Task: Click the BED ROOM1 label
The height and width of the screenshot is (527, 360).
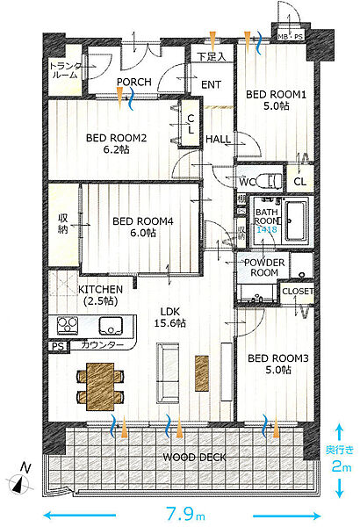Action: coord(276,95)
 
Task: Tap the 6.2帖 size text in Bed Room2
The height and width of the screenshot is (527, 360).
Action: coord(116,149)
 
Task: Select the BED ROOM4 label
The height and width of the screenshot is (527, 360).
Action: coord(143,221)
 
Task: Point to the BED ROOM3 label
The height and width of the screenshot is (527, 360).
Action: coord(278,358)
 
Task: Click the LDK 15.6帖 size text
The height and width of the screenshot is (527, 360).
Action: coord(170,323)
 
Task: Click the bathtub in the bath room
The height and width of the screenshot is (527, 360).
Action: coord(296,220)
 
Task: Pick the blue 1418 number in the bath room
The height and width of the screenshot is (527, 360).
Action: coord(267,229)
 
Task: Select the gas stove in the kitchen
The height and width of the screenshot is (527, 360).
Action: coord(68,325)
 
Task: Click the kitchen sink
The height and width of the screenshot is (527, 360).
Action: coord(111,326)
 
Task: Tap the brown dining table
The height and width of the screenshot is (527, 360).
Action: coord(100,386)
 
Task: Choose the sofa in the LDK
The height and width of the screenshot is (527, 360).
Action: coord(168,373)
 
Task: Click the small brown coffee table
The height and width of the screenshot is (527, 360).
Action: coord(202,373)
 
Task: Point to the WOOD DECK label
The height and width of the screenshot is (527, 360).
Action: coord(194,457)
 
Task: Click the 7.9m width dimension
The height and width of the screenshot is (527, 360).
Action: coord(186,514)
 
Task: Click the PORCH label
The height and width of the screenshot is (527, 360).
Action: coord(134,82)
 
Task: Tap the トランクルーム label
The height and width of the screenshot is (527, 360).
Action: coord(65,70)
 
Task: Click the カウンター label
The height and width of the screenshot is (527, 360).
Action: coord(103,345)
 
